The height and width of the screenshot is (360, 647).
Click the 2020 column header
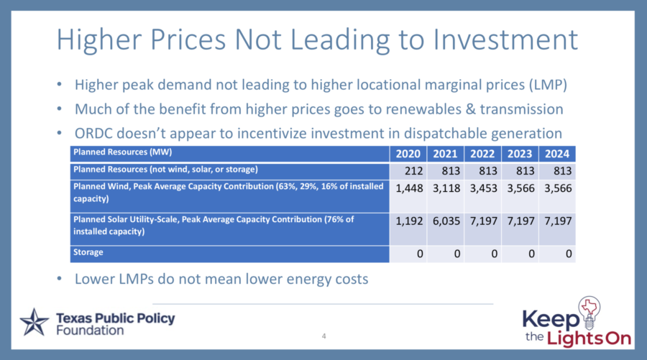click(x=408, y=154)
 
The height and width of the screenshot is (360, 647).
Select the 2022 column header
click(x=482, y=154)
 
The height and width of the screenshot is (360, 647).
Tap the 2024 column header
click(x=556, y=154)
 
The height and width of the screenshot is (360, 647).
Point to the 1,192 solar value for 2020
click(x=408, y=220)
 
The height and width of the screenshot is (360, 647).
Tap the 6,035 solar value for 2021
click(x=445, y=220)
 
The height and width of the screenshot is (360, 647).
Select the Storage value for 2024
click(x=567, y=254)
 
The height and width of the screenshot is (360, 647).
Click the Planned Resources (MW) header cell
click(x=122, y=153)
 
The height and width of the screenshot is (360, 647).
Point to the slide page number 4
click(x=324, y=336)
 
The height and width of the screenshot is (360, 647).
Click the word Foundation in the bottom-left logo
click(x=89, y=331)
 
